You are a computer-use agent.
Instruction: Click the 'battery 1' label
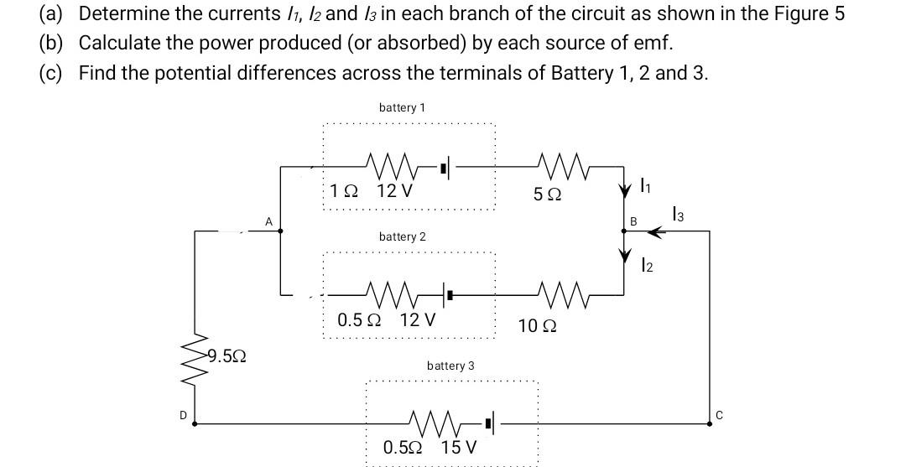[402, 108]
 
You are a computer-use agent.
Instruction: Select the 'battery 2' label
[402, 237]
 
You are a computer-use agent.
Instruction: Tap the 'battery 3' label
[450, 366]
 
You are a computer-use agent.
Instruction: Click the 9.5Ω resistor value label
[226, 357]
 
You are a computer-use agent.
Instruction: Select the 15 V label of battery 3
[458, 447]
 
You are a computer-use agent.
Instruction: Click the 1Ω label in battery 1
[344, 190]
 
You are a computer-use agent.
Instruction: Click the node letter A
[268, 221]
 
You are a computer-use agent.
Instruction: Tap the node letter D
[182, 413]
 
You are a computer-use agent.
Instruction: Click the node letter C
[719, 413]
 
